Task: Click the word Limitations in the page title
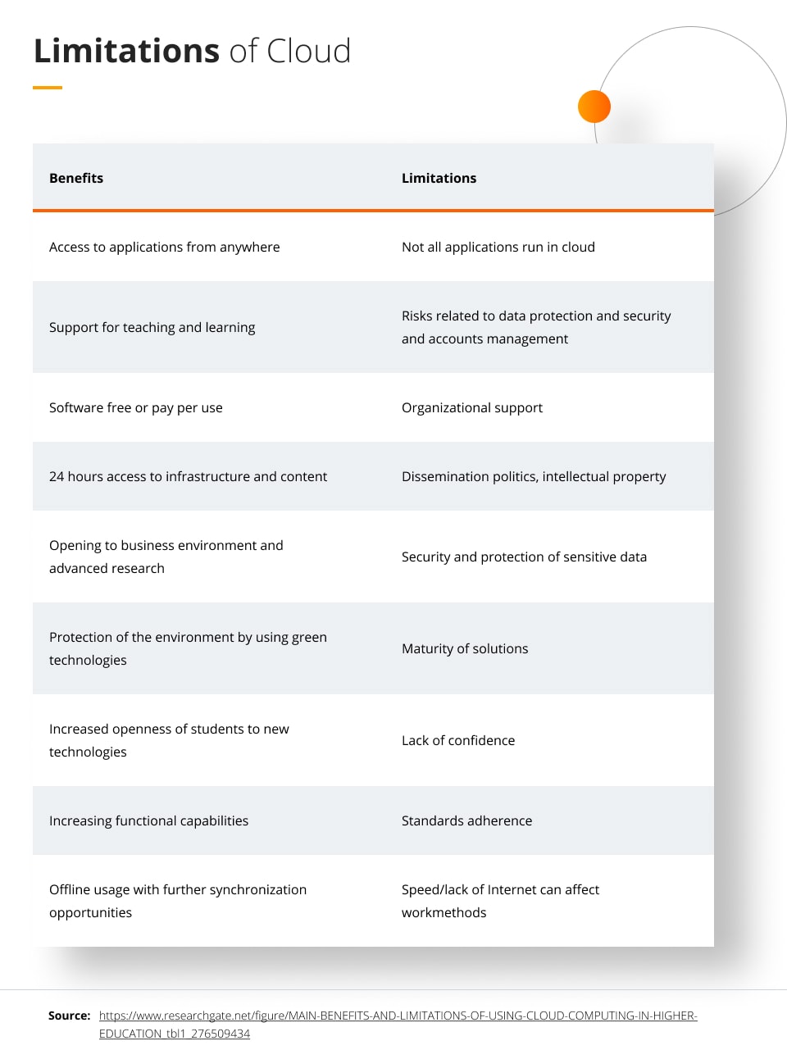pos(126,51)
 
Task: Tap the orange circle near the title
pos(594,107)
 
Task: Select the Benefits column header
pos(76,178)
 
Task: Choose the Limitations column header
pos(439,178)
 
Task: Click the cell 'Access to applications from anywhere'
pos(164,247)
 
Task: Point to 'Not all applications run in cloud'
pos(498,247)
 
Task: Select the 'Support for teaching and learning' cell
pos(152,327)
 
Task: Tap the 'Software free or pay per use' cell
pos(135,407)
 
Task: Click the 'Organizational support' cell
pos(471,407)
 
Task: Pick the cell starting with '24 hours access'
pos(188,476)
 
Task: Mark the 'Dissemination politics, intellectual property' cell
pos(534,476)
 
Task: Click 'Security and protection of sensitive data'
pos(524,557)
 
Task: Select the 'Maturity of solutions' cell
pos(465,648)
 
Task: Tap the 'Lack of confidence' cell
pos(458,740)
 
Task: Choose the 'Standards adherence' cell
pos(466,820)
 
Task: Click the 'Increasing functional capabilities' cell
pos(148,820)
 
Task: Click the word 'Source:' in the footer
pos(69,1016)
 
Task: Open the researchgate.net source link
pos(398,1016)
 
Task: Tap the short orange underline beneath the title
pos(48,88)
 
